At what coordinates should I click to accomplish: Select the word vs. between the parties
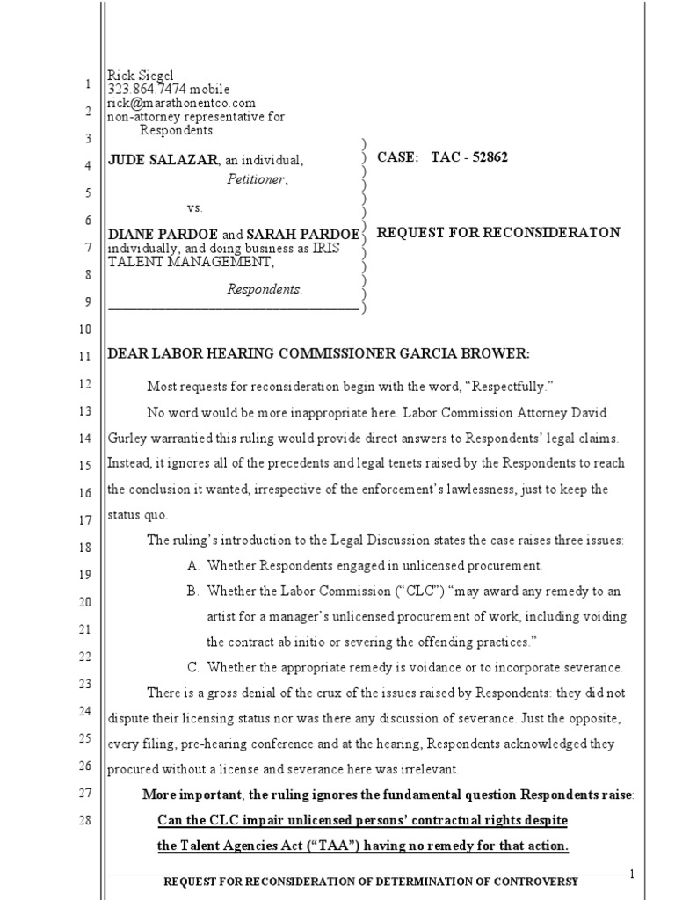(x=194, y=208)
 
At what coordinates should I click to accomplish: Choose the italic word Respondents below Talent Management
(x=264, y=289)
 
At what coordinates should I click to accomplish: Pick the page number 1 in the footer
(x=631, y=873)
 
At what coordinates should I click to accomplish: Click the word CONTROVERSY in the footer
(x=529, y=882)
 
